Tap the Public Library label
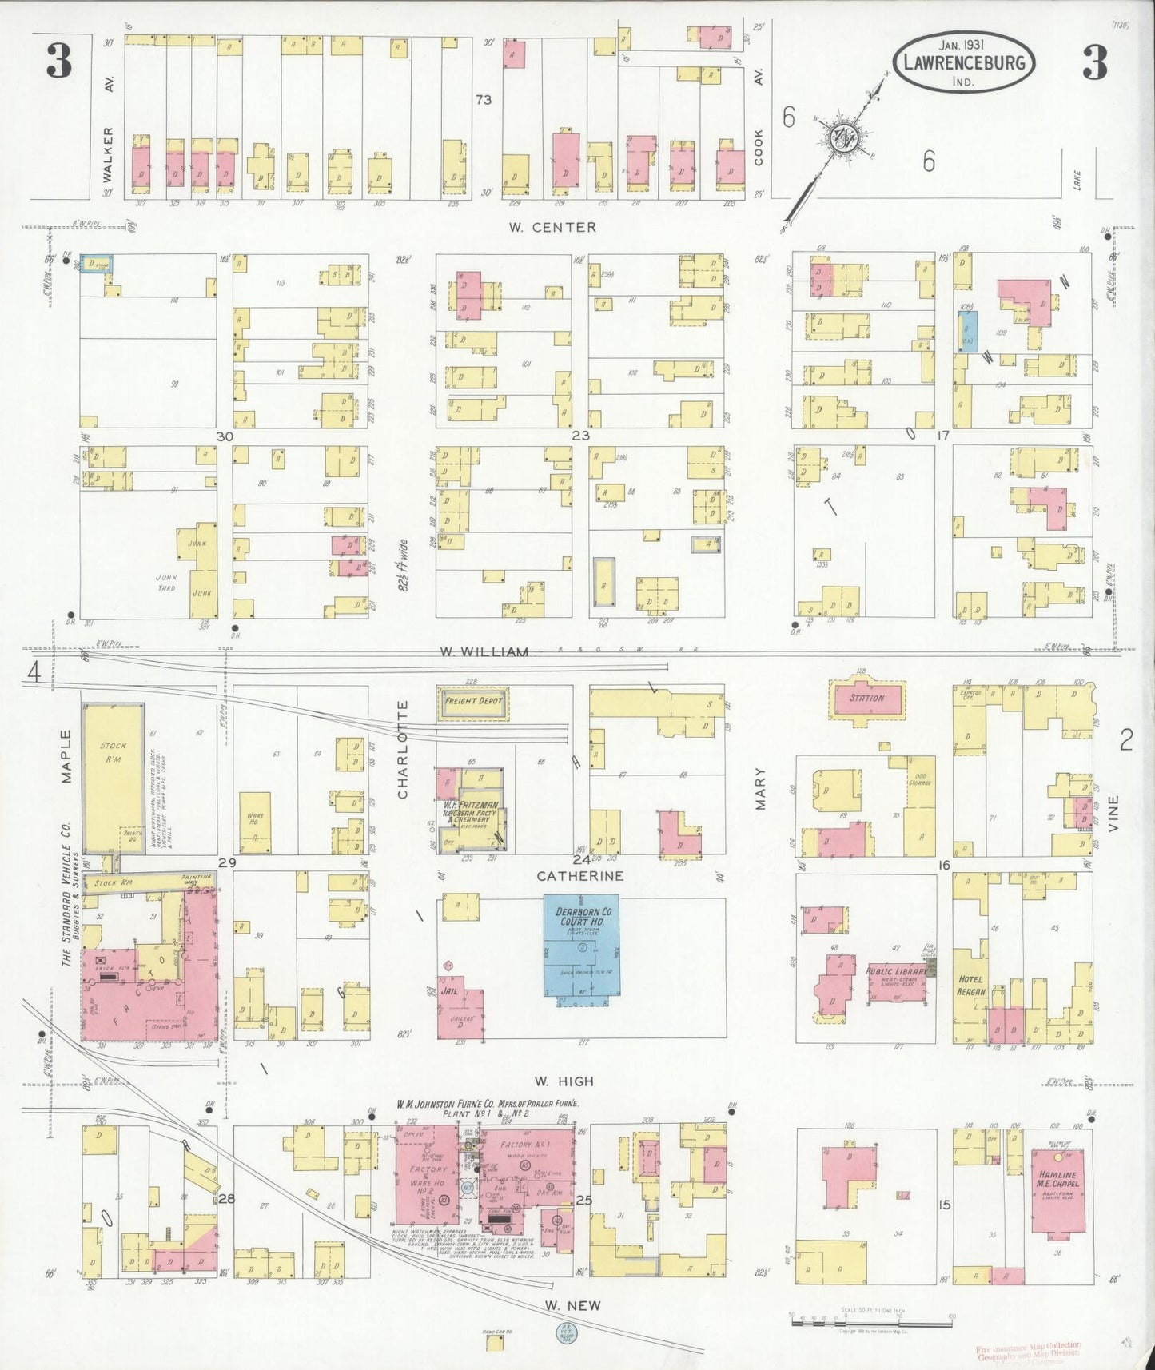point(897,971)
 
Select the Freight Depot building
point(473,701)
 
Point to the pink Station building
point(867,698)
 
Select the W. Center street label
point(552,227)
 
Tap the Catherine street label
point(579,876)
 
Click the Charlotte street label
point(403,749)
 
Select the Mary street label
point(760,788)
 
